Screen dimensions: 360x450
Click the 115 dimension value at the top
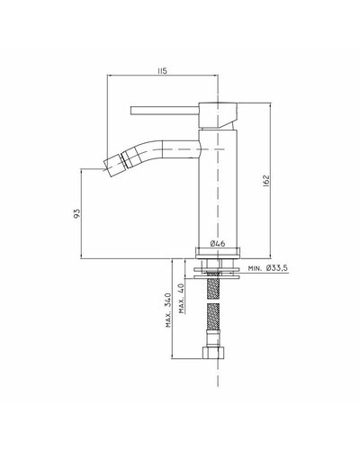pos(162,71)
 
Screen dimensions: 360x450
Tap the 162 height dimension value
pos(266,181)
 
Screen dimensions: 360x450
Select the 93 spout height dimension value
pos(77,213)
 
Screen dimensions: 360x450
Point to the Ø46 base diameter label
pos(218,243)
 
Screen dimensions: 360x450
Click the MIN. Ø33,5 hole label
pos(268,268)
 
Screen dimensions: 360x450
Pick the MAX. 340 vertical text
pos(168,310)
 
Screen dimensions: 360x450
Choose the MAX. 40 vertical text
pos(182,298)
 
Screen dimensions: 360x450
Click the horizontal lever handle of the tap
pos(165,111)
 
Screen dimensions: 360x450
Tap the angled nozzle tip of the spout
pos(113,165)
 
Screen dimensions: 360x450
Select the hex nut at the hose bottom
pos(214,353)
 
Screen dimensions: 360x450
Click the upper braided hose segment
pos(212,285)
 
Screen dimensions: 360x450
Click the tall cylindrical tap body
pos(218,188)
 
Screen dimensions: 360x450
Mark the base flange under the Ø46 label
pos(218,253)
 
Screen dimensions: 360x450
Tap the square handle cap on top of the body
pos(218,116)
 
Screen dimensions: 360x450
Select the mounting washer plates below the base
pos(217,273)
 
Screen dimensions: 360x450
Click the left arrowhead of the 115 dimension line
pos(110,75)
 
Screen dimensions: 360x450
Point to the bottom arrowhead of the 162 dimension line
pos(271,256)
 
